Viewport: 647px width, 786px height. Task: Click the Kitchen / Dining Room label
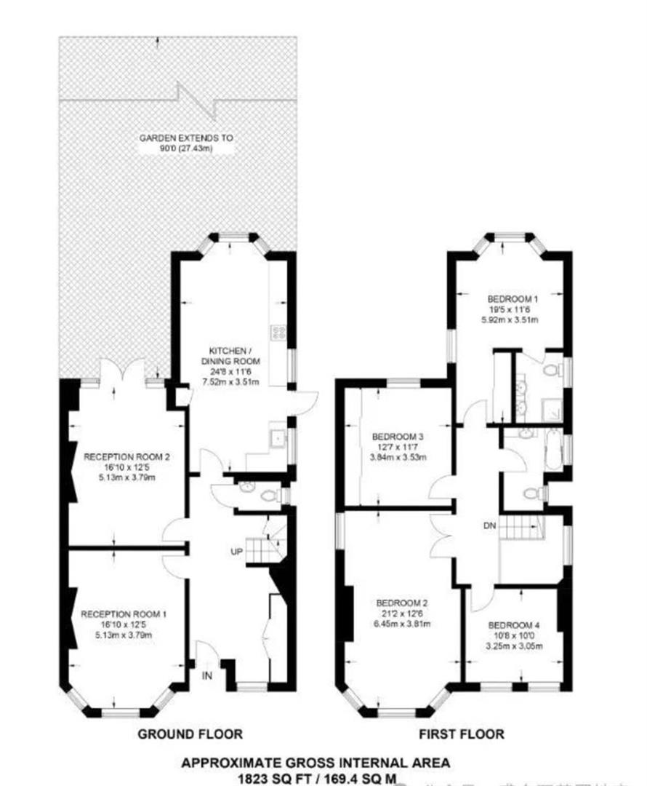229,354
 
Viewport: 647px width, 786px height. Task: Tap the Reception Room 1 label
124,614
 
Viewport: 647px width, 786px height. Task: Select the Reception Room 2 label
126,457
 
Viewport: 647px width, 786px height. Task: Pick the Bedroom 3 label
398,437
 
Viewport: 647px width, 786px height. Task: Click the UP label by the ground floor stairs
236,552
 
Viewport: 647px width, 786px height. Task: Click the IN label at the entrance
207,676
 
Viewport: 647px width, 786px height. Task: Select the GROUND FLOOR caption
190,734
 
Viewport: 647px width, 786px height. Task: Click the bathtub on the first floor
556,451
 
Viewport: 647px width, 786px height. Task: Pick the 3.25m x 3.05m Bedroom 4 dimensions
514,645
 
